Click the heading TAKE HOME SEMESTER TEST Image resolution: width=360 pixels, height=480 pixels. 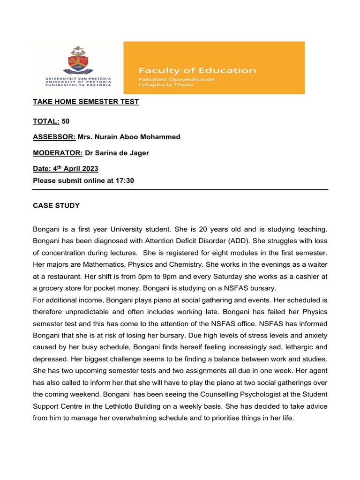[x=86, y=102]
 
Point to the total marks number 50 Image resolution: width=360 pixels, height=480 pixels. [x=66, y=121]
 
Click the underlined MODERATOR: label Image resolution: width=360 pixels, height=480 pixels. [x=58, y=153]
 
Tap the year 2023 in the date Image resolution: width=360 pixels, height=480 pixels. [x=88, y=169]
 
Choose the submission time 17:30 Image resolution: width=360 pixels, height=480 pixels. [x=124, y=180]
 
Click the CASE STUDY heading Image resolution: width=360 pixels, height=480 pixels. [x=56, y=205]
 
